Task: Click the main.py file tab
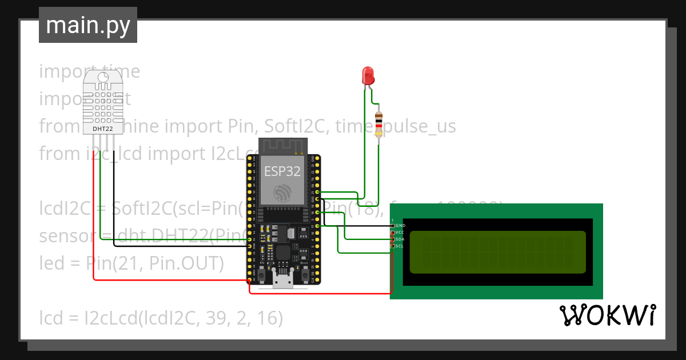pyautogui.click(x=87, y=25)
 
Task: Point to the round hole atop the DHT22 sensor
pyautogui.click(x=104, y=78)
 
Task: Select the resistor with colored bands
pyautogui.click(x=378, y=125)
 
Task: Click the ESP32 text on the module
pyautogui.click(x=282, y=171)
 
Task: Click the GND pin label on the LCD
pyautogui.click(x=400, y=226)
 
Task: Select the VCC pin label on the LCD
pyautogui.click(x=400, y=233)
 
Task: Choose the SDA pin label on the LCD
pyautogui.click(x=400, y=239)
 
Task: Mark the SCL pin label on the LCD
pyautogui.click(x=400, y=246)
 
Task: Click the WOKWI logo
pyautogui.click(x=607, y=315)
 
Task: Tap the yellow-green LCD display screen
pyautogui.click(x=497, y=252)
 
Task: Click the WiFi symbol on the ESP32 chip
pyautogui.click(x=282, y=193)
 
